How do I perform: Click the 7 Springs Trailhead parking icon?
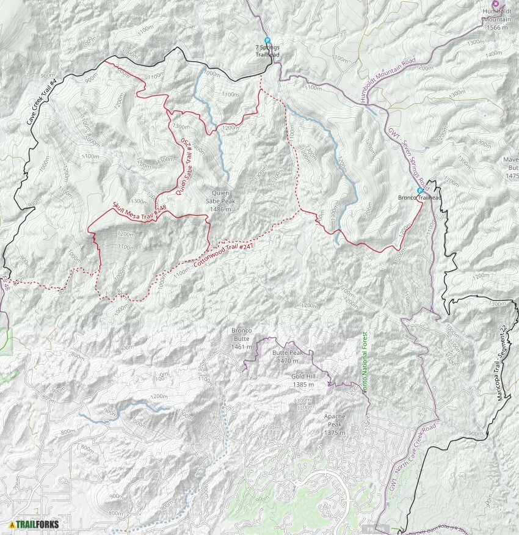[267, 40]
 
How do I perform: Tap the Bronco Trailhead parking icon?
[419, 191]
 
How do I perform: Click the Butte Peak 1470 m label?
[287, 357]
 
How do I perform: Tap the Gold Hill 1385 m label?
[303, 380]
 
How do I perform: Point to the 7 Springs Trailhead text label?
[267, 50]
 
